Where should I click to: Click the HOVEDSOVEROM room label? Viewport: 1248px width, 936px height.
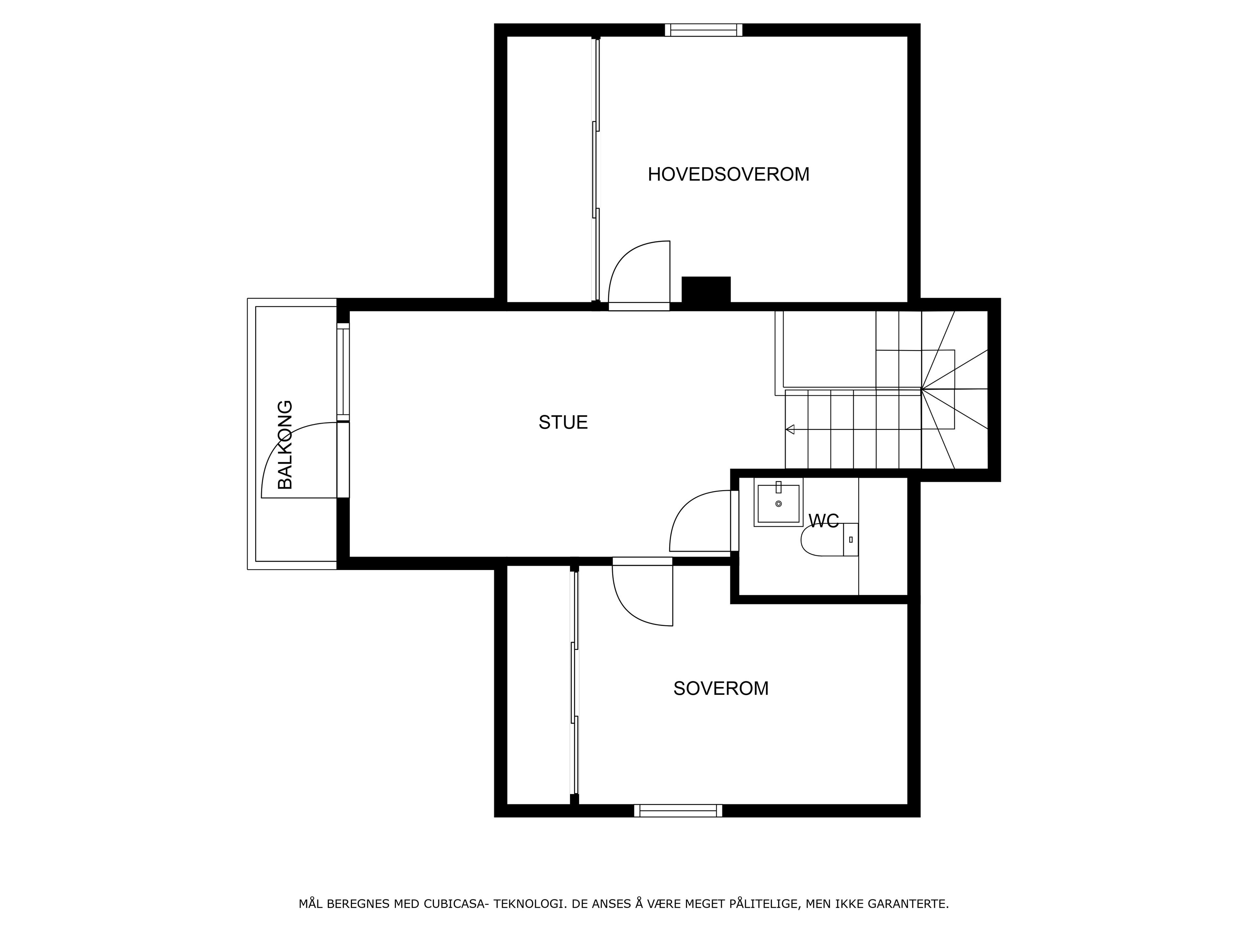point(728,174)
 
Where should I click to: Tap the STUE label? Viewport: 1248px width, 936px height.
point(563,422)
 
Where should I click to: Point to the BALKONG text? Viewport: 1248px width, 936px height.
point(285,445)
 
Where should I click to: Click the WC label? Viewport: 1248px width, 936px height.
point(824,521)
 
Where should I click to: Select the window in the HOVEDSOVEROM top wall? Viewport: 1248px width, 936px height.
point(704,30)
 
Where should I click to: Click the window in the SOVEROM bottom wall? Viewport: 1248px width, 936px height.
point(678,811)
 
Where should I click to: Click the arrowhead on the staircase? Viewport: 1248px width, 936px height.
point(790,429)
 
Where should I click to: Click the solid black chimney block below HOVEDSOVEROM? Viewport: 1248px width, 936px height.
point(706,290)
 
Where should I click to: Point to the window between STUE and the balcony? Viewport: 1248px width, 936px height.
point(343,372)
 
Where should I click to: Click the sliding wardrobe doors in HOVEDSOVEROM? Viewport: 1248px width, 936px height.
point(595,169)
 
